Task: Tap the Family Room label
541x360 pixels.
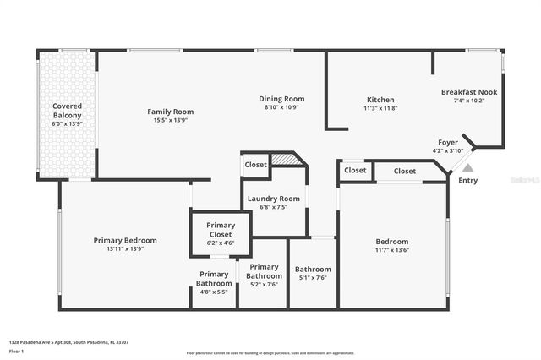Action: (x=171, y=112)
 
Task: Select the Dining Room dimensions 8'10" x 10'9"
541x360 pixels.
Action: (x=281, y=107)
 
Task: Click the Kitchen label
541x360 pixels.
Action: (x=380, y=100)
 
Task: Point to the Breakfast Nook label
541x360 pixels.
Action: (x=469, y=92)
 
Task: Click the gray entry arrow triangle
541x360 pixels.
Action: (x=467, y=168)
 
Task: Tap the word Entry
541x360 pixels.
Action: (x=467, y=180)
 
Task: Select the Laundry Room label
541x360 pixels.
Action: (x=273, y=199)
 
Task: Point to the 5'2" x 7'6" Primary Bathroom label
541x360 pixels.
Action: (x=264, y=275)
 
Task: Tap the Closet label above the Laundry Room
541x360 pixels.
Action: (x=256, y=165)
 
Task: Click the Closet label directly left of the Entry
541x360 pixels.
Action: (x=405, y=171)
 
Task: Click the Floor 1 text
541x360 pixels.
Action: (x=16, y=350)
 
